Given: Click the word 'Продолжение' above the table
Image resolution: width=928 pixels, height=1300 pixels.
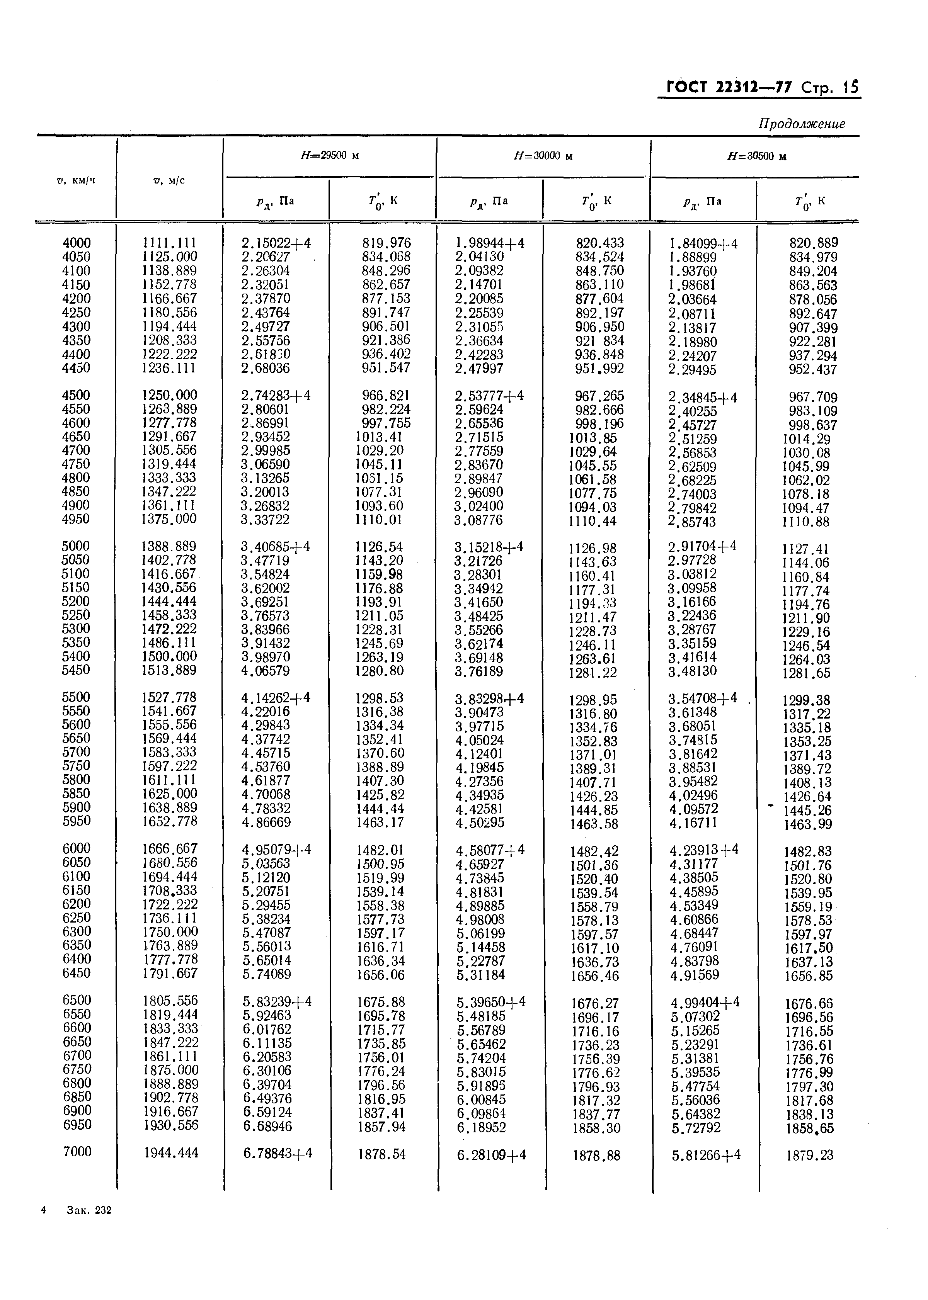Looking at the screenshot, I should [801, 124].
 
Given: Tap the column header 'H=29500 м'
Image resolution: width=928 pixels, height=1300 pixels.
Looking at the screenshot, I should [329, 155].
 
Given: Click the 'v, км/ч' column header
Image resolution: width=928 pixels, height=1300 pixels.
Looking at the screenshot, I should [76, 180].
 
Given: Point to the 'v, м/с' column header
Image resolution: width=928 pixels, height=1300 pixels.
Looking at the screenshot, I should [169, 180].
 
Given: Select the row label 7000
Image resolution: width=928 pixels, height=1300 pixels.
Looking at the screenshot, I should [77, 1152].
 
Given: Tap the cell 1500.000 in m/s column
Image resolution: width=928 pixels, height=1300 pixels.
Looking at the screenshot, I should [169, 656].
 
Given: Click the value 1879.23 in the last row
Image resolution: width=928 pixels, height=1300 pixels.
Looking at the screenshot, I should [810, 1155].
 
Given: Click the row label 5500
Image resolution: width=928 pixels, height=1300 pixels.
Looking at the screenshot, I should [77, 697].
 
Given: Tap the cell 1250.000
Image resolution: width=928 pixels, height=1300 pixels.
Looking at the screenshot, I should [169, 395].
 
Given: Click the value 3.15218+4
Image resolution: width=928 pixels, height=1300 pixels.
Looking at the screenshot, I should [489, 547].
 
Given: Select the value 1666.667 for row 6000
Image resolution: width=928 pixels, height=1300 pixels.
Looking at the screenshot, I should [170, 849].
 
